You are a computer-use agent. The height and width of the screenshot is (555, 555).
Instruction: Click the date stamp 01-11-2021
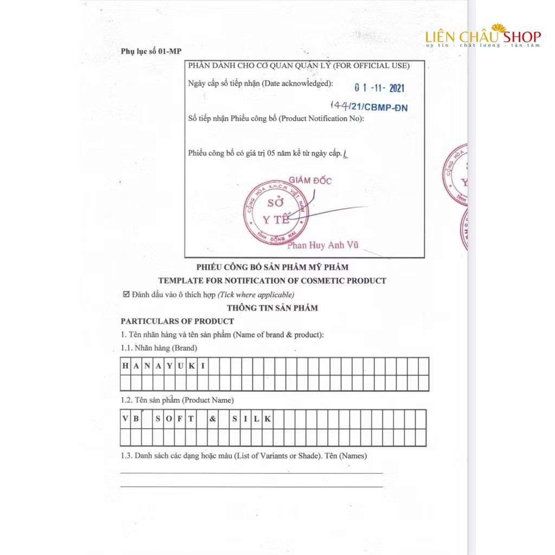click(379, 88)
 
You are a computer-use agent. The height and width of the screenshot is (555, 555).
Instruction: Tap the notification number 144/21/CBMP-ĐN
click(369, 107)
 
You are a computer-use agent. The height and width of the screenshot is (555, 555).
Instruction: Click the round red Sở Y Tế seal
click(269, 212)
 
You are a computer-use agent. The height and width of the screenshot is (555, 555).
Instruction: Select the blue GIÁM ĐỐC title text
click(309, 180)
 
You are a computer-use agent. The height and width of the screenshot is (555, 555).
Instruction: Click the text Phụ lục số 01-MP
click(151, 51)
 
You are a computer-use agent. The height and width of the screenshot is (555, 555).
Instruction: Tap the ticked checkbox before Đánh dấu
click(126, 295)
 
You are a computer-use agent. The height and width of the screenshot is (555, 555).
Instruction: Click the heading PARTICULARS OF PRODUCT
click(177, 321)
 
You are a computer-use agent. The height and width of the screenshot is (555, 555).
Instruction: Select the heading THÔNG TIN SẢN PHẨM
click(272, 308)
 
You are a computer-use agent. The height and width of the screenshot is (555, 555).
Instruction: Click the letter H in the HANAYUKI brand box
click(126, 366)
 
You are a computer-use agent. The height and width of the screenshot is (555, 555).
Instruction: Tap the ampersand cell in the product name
click(213, 419)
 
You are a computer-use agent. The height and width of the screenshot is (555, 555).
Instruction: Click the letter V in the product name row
click(126, 419)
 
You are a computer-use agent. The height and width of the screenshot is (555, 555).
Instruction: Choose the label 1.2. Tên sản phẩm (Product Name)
click(177, 401)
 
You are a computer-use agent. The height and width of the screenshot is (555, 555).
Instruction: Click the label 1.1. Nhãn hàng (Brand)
click(159, 348)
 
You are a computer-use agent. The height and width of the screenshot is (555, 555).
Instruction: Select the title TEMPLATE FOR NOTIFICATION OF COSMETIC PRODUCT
click(272, 281)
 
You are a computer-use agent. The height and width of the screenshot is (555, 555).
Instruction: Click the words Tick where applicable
click(256, 295)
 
